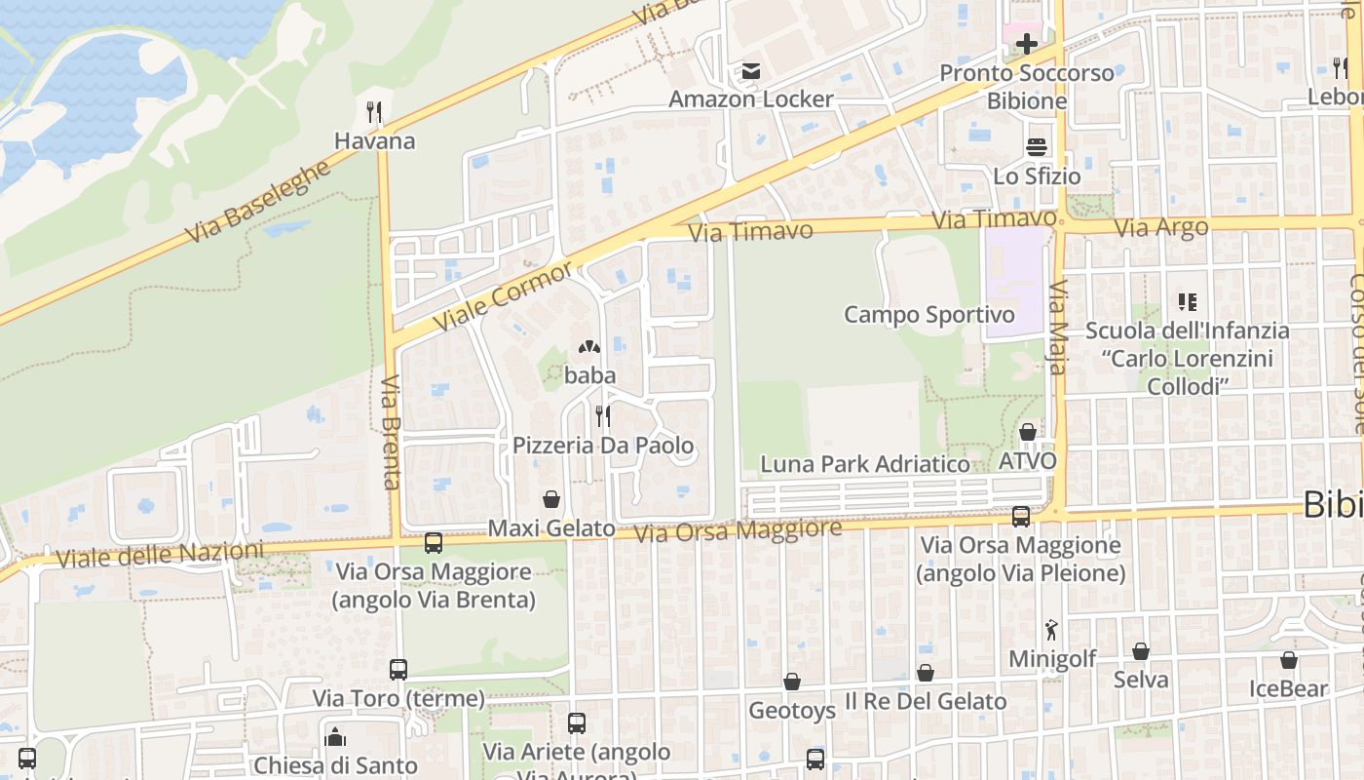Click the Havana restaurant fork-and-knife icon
[374, 111]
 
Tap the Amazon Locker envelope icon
[750, 71]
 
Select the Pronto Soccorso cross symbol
[1026, 44]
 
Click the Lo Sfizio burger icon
[1036, 147]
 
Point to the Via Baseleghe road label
[258, 201]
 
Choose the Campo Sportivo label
[928, 315]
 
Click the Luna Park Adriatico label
[865, 464]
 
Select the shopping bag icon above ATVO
[1027, 432]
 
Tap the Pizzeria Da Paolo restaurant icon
[603, 416]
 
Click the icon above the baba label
[588, 346]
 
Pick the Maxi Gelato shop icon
[551, 499]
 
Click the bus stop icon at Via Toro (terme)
[398, 670]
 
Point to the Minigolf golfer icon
[1051, 629]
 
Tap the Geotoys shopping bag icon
[791, 682]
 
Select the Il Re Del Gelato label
[926, 701]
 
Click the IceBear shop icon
[1288, 660]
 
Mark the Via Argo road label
[1160, 228]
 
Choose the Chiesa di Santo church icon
[335, 736]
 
